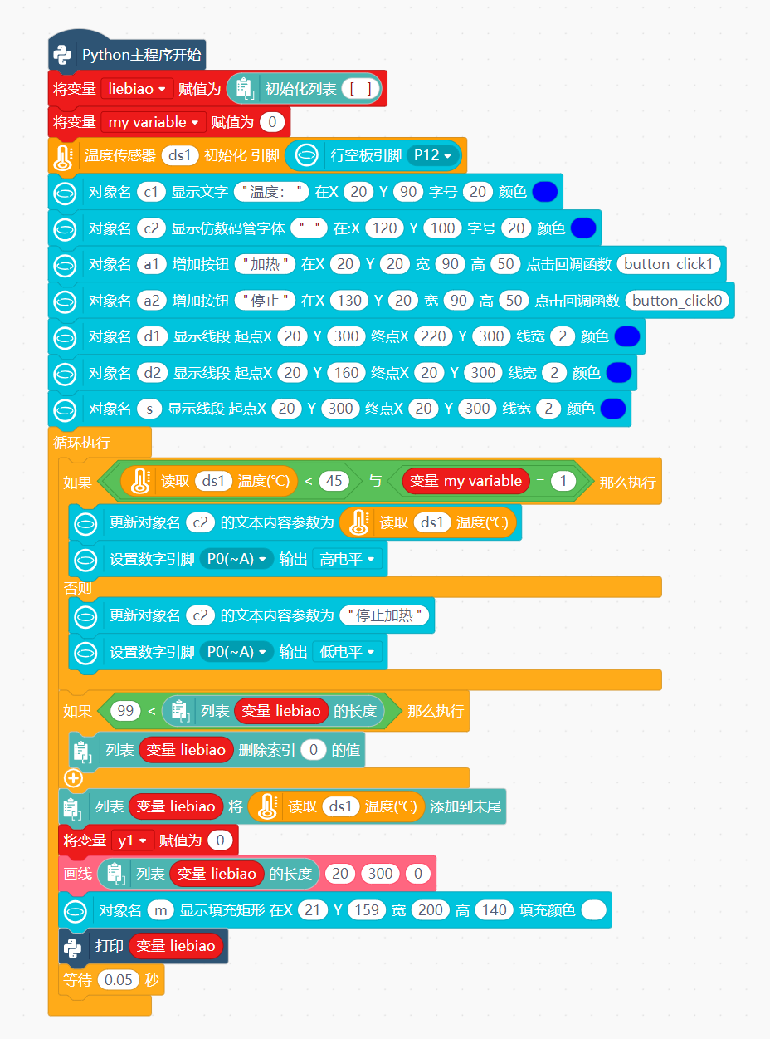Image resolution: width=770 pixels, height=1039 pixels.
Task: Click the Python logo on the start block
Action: tap(62, 55)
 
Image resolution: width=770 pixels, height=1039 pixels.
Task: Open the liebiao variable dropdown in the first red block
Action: tap(137, 89)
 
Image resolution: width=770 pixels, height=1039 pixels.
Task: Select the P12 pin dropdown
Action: tap(432, 155)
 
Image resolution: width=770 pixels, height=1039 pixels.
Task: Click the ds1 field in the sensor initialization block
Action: tap(180, 155)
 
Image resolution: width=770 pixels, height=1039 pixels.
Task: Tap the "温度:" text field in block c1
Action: tap(271, 192)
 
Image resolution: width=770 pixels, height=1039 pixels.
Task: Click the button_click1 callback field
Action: tap(668, 264)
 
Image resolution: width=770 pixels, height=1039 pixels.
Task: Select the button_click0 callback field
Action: tap(677, 301)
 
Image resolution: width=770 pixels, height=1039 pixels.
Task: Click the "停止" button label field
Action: tap(265, 301)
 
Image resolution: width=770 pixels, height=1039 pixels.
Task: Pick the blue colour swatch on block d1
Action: tap(626, 336)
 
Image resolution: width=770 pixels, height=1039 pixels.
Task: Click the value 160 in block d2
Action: tap(346, 373)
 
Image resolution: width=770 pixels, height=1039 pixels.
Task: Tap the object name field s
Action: tap(149, 409)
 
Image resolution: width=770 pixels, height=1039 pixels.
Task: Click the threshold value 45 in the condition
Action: tap(334, 481)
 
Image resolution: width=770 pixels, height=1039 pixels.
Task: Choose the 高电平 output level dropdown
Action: tap(347, 559)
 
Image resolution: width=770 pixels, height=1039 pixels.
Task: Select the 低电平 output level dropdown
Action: tap(347, 652)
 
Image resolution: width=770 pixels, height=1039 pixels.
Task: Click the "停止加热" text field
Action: tap(384, 615)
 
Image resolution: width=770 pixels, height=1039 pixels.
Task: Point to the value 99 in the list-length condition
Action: tap(125, 711)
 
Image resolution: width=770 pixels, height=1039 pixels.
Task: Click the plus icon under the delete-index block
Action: tap(74, 778)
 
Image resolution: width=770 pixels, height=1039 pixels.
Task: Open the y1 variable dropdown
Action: tap(132, 841)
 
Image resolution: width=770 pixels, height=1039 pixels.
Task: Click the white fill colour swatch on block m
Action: tap(593, 910)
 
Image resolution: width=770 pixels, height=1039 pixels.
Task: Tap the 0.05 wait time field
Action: tap(119, 979)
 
